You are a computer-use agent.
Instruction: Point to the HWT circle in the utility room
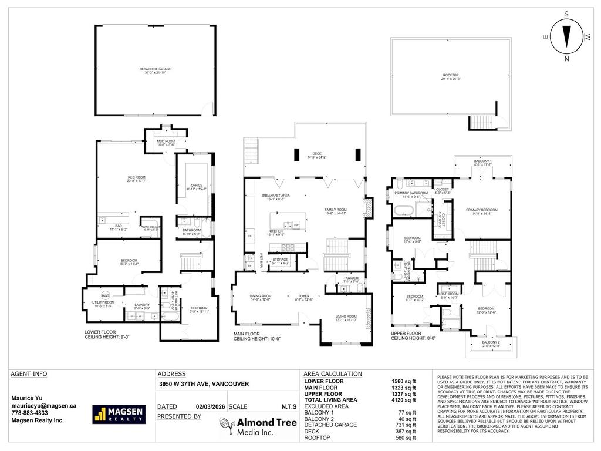tap(106, 295)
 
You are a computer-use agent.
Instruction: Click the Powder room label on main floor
tap(352, 278)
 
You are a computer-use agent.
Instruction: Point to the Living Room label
tap(345, 317)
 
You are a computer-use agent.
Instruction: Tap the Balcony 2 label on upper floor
tap(491, 344)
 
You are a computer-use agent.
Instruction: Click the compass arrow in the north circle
tap(567, 36)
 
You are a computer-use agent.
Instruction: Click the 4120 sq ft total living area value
tap(404, 400)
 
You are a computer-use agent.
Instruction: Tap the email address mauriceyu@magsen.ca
tap(44, 405)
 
